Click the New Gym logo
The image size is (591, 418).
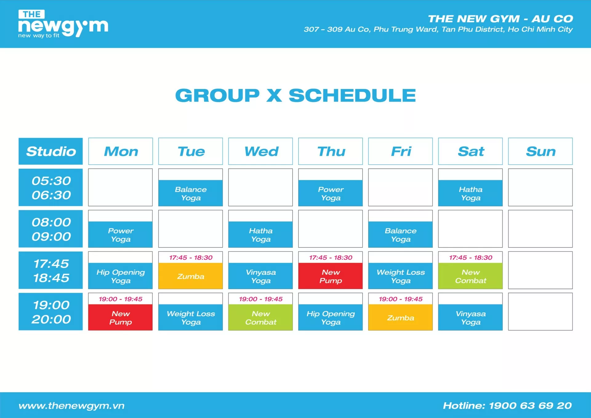tap(63, 24)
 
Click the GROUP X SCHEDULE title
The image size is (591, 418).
tap(295, 95)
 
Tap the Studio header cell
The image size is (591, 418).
tap(51, 151)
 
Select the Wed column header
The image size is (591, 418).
tap(260, 151)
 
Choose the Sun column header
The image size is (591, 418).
tap(540, 151)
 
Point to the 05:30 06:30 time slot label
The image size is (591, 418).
tap(51, 187)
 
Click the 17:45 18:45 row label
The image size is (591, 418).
tap(51, 270)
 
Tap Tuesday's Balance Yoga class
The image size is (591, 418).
tap(191, 193)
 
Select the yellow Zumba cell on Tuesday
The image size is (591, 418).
tap(191, 276)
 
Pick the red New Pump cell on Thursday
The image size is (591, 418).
tap(330, 276)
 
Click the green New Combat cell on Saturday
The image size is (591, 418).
tap(470, 276)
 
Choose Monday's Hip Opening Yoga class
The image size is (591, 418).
tap(120, 276)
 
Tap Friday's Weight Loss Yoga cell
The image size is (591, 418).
tap(400, 276)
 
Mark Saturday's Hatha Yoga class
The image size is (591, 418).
tap(470, 193)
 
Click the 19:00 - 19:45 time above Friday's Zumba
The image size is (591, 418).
tap(400, 299)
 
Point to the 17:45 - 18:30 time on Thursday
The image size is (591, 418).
tap(331, 258)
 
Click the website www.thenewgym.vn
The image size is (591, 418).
tap(71, 406)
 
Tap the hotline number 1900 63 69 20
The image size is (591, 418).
tap(530, 405)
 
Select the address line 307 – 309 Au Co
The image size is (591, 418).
tap(438, 29)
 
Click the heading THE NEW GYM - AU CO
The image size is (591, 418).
tap(501, 19)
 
